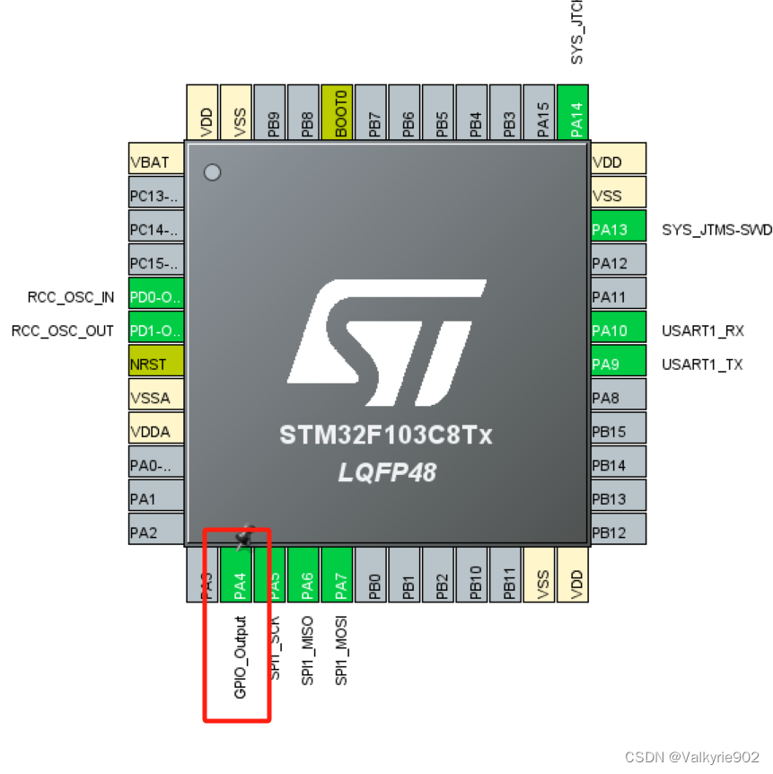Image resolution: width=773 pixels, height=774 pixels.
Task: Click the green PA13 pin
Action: tap(618, 229)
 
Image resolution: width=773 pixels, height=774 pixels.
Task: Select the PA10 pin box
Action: tap(618, 330)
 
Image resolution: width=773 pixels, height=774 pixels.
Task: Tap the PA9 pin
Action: tap(618, 364)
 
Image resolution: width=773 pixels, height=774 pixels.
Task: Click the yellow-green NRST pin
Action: tap(156, 364)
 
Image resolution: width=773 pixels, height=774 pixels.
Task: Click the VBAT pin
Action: tap(156, 162)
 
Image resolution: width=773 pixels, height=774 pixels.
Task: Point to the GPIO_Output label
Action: tap(240, 657)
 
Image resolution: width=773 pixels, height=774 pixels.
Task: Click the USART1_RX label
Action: tap(703, 330)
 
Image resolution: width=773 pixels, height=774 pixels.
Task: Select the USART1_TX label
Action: tap(702, 364)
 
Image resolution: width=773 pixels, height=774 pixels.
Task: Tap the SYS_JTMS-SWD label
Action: tap(716, 229)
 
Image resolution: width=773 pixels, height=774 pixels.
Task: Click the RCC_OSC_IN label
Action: tap(71, 296)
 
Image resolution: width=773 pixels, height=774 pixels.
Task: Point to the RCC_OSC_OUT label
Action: tap(63, 330)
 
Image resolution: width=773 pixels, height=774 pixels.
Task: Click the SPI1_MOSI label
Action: tap(341, 650)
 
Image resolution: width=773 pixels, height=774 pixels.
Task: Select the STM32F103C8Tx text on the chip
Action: tap(386, 436)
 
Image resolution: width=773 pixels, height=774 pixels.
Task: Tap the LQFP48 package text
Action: tap(387, 471)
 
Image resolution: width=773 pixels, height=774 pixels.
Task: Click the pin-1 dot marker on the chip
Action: tap(212, 172)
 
